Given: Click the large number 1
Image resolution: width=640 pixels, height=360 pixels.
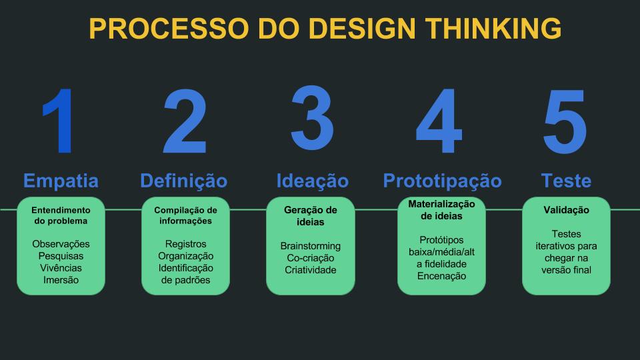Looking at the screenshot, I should click(61, 123).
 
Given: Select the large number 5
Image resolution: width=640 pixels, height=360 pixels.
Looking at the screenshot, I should click(565, 123).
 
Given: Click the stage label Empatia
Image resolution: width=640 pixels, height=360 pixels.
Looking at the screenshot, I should click(61, 181).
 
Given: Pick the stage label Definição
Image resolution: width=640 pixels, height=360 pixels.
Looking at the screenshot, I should click(183, 181).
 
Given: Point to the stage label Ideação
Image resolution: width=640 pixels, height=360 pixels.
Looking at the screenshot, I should click(312, 181).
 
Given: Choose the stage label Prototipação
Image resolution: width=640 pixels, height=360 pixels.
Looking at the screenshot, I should click(442, 181).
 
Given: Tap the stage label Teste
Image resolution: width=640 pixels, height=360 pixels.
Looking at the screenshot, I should click(566, 181).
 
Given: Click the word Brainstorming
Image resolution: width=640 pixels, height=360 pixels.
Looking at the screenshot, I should click(310, 246).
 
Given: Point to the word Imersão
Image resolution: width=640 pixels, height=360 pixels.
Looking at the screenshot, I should click(61, 280).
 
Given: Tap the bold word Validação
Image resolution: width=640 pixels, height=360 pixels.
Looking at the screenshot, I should click(566, 210).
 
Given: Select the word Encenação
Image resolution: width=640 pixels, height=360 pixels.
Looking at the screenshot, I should click(441, 275).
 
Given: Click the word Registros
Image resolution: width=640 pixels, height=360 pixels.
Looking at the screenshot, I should click(185, 244).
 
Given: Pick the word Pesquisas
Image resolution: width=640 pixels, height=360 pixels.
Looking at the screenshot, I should click(61, 256).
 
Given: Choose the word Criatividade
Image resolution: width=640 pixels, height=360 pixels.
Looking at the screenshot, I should click(310, 270).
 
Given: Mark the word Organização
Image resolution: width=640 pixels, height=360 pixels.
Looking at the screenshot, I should click(185, 256).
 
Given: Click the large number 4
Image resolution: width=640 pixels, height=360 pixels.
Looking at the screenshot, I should click(439, 123).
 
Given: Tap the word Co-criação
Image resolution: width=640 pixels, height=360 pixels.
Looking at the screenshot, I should click(310, 258).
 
